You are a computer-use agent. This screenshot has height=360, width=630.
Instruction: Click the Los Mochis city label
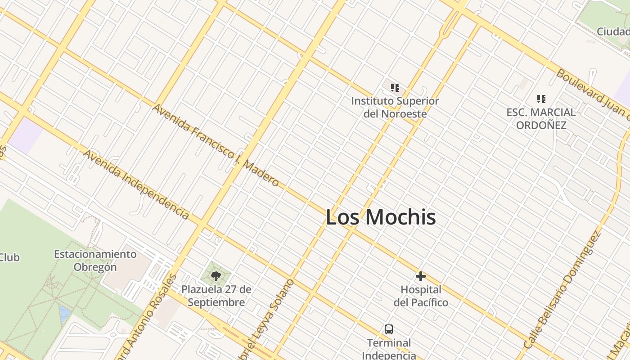coord(381,217)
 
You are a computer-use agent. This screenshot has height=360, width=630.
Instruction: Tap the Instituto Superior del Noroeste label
coord(395,107)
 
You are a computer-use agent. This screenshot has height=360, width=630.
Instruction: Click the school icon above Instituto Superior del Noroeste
coord(395,88)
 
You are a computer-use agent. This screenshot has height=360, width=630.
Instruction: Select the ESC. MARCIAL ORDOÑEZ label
coord(541,118)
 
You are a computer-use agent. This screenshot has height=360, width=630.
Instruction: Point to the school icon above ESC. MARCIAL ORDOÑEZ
coord(541,99)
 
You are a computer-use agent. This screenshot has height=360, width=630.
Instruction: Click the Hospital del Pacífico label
coord(421,296)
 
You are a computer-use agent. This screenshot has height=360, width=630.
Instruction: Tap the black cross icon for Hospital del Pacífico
coord(421,276)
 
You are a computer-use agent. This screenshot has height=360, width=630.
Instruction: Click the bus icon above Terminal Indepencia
coord(389,329)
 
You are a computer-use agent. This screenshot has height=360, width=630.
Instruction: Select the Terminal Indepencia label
coord(389,349)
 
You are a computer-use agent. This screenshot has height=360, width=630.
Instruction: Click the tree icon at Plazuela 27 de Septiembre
coord(216,276)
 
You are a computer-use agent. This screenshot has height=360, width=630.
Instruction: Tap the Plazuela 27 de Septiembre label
coord(216,296)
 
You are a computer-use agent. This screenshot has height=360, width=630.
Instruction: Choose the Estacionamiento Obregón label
coord(95,261)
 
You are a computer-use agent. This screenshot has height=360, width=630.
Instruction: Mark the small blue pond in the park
coord(65,314)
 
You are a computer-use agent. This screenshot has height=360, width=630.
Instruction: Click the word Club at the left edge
coord(9,257)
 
